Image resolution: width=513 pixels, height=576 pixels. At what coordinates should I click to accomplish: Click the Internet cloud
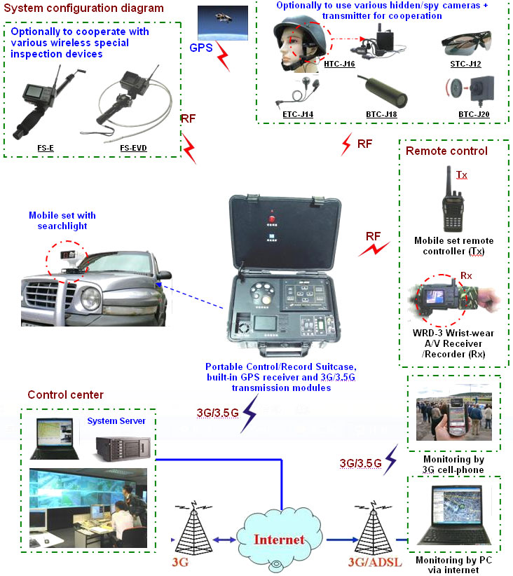(x=279, y=537)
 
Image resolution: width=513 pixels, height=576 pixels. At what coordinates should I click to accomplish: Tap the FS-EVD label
(x=134, y=148)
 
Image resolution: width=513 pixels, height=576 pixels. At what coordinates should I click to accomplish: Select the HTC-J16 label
(x=340, y=64)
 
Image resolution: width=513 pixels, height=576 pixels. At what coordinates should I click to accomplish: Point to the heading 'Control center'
(x=65, y=395)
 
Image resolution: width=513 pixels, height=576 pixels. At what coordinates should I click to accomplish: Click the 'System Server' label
(x=116, y=421)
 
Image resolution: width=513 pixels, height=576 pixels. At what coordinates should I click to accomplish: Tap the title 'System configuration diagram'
(x=85, y=8)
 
